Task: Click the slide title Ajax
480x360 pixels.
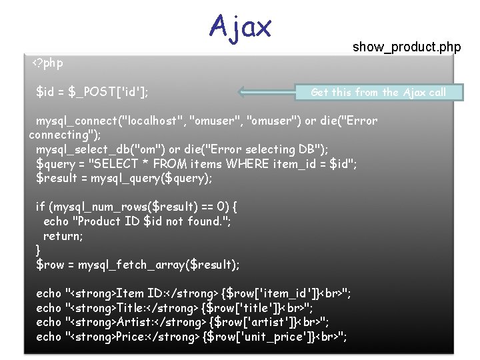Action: (240, 27)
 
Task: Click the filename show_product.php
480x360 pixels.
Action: (407, 47)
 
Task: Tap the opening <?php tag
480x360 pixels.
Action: (48, 63)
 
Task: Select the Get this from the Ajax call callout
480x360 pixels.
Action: (378, 93)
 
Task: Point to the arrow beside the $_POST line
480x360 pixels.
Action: (267, 93)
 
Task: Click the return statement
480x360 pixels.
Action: (61, 236)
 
